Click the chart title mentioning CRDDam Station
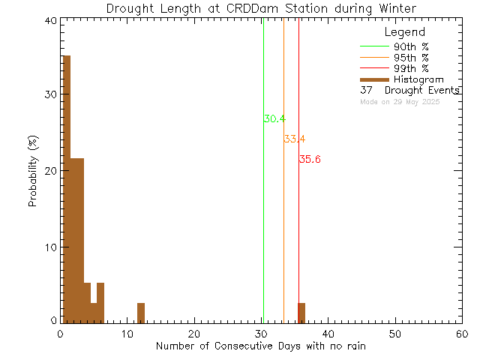(261, 8)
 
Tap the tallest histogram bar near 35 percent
(66, 187)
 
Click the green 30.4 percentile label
(274, 119)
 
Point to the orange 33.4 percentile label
(294, 139)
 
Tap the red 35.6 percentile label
(310, 159)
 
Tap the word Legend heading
(404, 32)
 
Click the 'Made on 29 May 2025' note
(400, 101)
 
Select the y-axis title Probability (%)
(33, 172)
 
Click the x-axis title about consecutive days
(261, 346)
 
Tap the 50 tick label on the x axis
(395, 334)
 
